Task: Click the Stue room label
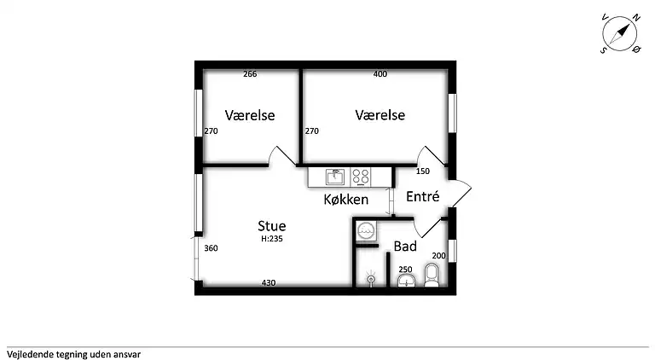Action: (272, 226)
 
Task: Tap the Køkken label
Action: (346, 200)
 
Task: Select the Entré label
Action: (423, 196)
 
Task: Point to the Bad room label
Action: (405, 247)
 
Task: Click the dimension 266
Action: (250, 74)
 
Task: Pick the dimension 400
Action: (380, 74)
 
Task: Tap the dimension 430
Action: (269, 282)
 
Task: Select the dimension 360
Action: (211, 248)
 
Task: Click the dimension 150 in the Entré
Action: (423, 171)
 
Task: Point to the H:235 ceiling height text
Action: (272, 239)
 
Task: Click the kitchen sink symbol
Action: (335, 177)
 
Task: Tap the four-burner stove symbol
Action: (361, 177)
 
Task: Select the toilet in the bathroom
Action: (432, 276)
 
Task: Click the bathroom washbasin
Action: (406, 281)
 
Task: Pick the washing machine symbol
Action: (367, 230)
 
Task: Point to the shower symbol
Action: (371, 279)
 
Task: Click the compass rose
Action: (620, 33)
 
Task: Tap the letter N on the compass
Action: (636, 18)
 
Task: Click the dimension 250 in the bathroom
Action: (405, 270)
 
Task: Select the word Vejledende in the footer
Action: (30, 355)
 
